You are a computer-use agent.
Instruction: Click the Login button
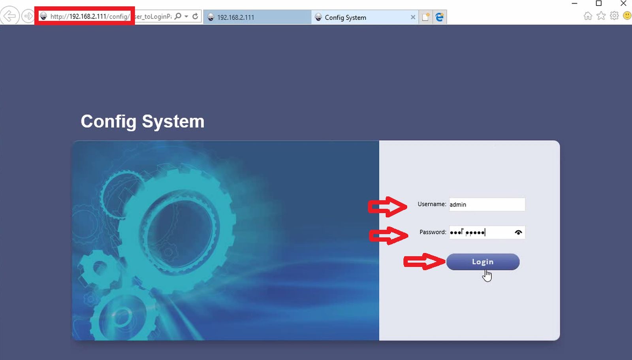pos(483,262)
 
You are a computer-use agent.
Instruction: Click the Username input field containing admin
pos(487,204)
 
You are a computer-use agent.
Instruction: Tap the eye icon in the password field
pos(518,232)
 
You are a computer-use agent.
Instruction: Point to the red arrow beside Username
pos(387,207)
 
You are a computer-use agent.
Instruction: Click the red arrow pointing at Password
pos(389,236)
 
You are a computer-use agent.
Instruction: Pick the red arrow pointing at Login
pos(424,262)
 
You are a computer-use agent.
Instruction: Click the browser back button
pos(9,16)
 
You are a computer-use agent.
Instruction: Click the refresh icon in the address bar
pos(195,16)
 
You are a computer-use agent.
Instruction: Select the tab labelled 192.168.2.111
pos(257,17)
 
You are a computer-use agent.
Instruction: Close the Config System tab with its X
pos(413,17)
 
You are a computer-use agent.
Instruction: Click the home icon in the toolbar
pos(588,16)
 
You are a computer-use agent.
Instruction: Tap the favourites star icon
pos(601,16)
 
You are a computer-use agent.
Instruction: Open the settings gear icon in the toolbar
pos(614,15)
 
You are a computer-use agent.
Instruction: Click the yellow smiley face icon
pos(627,15)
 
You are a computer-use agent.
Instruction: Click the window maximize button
pos(598,4)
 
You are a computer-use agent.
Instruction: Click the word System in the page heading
pos(173,122)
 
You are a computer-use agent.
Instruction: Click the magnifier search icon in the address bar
pos(178,16)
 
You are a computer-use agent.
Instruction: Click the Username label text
pos(432,204)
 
